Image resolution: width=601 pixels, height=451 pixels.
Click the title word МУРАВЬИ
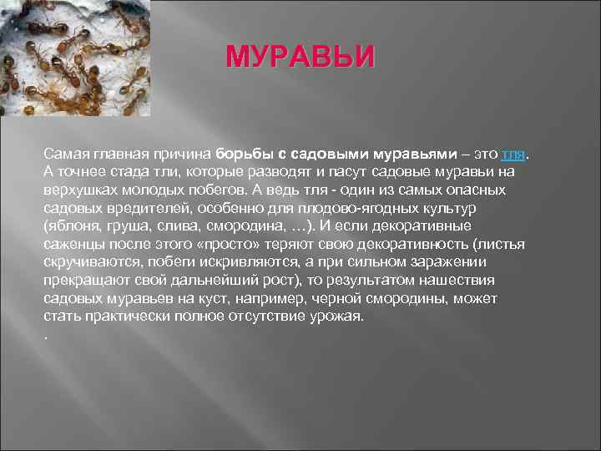(300, 58)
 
